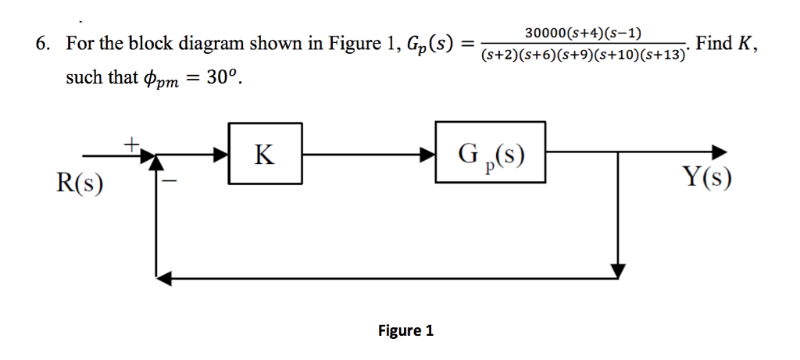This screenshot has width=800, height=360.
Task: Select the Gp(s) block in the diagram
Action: point(490,154)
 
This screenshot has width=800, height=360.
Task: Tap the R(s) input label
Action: point(82,184)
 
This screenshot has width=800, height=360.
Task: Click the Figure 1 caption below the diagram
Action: point(405,330)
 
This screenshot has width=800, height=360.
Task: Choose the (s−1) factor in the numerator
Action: point(623,33)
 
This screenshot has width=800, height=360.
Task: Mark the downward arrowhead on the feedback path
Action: point(618,270)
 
